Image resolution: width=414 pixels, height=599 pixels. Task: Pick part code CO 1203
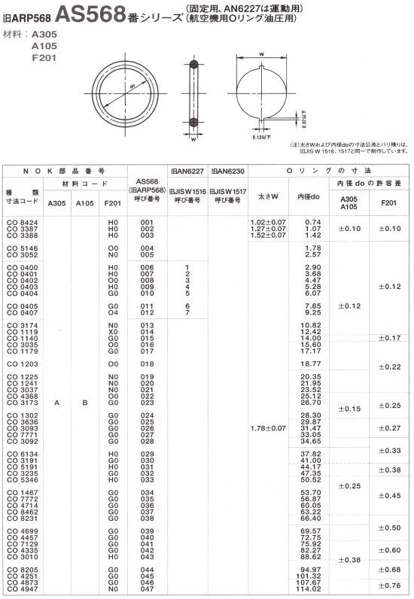click(23, 363)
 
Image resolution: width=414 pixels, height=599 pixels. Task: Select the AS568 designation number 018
click(148, 363)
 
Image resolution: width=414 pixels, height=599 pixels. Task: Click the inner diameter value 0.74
click(313, 222)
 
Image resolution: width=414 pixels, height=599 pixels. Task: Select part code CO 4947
click(23, 588)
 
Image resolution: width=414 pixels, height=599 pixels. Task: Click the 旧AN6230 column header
click(227, 172)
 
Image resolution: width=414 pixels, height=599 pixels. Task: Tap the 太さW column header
click(269, 197)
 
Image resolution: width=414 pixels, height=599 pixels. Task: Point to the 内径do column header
click(309, 197)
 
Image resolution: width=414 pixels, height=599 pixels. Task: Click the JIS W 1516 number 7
click(186, 312)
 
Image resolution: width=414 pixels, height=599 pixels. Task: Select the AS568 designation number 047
click(148, 588)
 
